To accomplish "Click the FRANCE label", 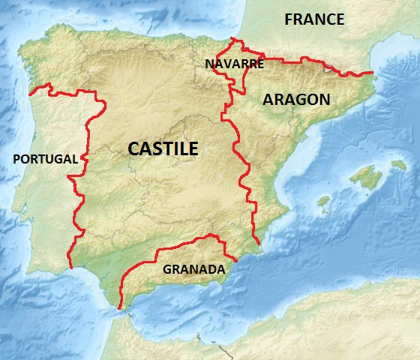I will pyautogui.click(x=314, y=19).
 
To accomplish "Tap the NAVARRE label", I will pyautogui.click(x=234, y=64).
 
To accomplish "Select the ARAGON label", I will pyautogui.click(x=296, y=99).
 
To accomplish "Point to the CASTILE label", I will pyautogui.click(x=163, y=148).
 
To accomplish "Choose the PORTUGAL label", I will pyautogui.click(x=45, y=159).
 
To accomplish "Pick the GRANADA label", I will pyautogui.click(x=193, y=268).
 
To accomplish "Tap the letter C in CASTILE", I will pyautogui.click(x=134, y=148).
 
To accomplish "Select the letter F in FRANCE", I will pyautogui.click(x=289, y=19).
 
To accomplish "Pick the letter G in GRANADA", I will pyautogui.click(x=167, y=268).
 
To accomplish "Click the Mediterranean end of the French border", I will pyautogui.click(x=373, y=73).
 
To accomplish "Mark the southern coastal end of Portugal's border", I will pyautogui.click(x=70, y=267).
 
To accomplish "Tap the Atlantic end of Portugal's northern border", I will pyautogui.click(x=30, y=94).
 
